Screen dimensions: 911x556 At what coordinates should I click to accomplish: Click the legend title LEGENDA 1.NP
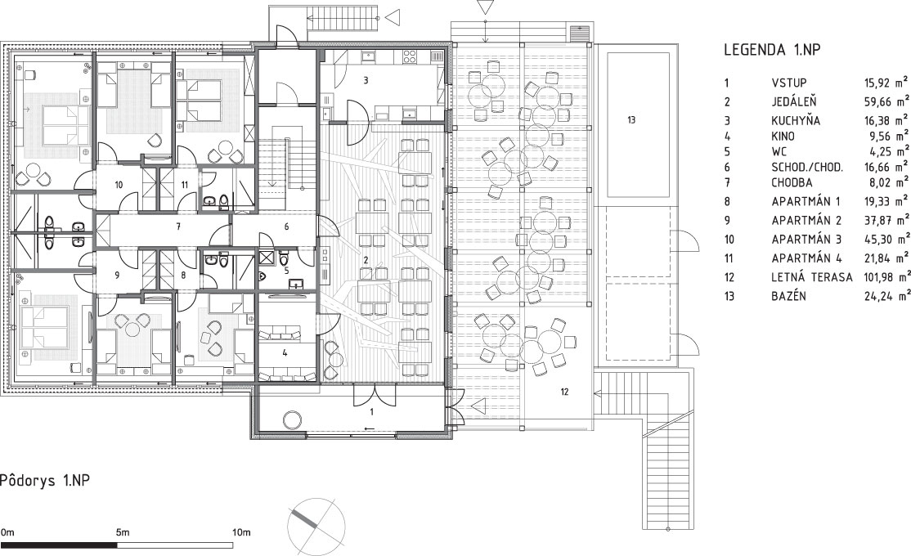coord(772,50)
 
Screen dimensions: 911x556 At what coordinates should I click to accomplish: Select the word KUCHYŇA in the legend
coord(796,120)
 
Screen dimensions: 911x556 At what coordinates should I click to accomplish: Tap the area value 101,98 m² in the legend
coord(886,276)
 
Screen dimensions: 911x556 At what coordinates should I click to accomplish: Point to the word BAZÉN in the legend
coord(788,296)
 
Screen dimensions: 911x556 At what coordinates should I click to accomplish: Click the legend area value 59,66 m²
coord(886,101)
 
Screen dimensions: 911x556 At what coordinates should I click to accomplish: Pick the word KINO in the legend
coord(783,137)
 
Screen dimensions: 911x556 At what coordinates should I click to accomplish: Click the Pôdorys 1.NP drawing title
coord(45,481)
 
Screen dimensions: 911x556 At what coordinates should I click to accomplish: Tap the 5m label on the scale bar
coord(123,532)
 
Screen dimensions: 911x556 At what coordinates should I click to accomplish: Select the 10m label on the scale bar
coord(241,532)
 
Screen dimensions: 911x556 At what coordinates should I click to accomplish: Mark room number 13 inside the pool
coord(631,120)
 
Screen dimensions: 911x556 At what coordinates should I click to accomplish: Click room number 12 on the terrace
coord(564,392)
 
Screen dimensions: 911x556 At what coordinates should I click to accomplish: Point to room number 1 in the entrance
coord(372,412)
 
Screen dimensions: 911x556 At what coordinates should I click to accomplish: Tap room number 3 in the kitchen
coord(366,81)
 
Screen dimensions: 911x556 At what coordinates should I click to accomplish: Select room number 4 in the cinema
coord(285,352)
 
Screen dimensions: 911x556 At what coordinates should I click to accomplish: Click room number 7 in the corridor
coord(177,226)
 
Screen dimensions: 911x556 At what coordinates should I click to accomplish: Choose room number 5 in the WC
coord(286,270)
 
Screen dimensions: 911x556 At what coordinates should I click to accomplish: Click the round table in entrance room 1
coord(292,419)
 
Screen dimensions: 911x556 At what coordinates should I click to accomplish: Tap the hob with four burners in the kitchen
coord(410,56)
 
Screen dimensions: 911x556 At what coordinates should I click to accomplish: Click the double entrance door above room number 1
coord(375,395)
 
